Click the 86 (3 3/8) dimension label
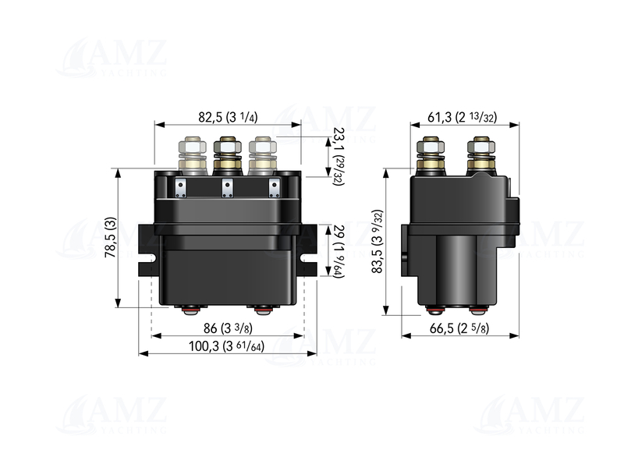(227, 329)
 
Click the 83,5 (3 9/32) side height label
(378, 243)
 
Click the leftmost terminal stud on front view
(192, 155)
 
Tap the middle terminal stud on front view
(227, 155)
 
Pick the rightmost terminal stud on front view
(262, 155)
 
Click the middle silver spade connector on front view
(228, 187)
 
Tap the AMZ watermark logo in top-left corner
(117, 58)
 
